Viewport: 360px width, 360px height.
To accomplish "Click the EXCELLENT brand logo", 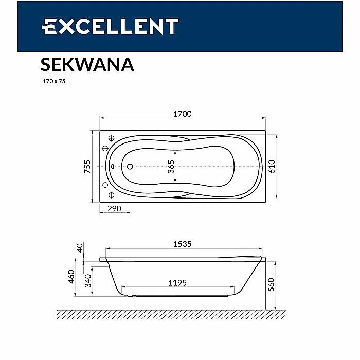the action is [110, 26].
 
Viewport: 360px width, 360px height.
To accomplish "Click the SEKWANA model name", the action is [87, 64].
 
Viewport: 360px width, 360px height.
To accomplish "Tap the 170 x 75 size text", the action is [54, 81].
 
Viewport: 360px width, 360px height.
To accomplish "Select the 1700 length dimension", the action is [182, 114].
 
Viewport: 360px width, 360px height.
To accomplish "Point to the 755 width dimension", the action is [87, 167].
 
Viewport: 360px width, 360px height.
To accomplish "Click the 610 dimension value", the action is [272, 167].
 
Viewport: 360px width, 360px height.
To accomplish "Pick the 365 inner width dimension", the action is [171, 167].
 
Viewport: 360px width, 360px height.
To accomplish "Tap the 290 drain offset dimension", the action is [114, 208].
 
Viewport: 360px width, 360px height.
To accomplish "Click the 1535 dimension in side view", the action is [182, 244].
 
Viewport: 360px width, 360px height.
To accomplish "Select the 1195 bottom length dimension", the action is [177, 283].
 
